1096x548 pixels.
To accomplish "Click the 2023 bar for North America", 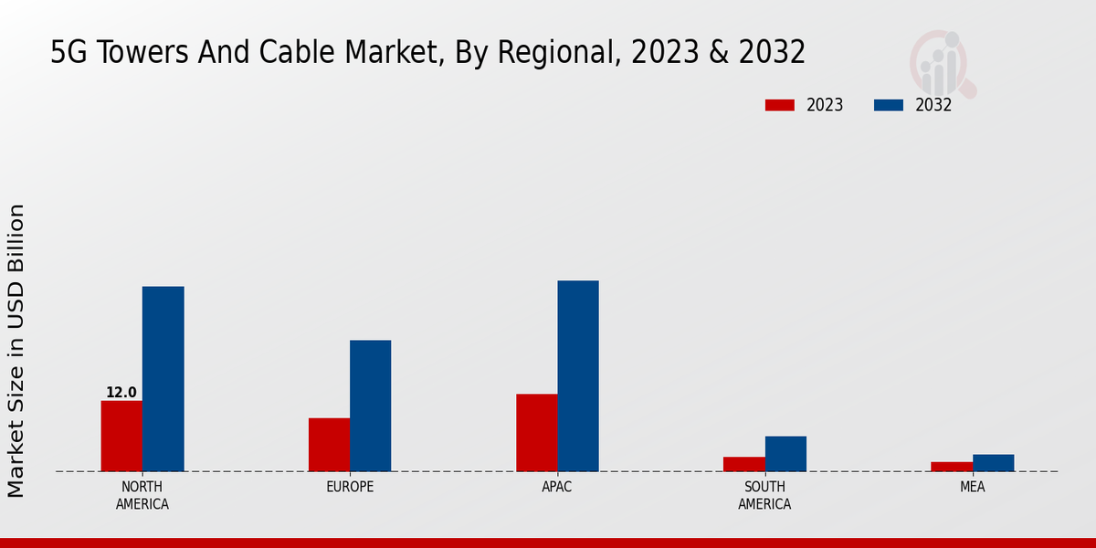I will coord(121,436).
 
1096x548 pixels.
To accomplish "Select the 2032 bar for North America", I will coord(163,379).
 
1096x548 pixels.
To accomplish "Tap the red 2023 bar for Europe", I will coord(329,445).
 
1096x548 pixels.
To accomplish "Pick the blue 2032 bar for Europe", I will coord(370,406).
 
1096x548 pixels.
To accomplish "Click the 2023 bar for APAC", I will coord(536,433).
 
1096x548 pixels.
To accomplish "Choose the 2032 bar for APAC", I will coord(578,375).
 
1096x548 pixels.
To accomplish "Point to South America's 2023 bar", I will coord(743,464).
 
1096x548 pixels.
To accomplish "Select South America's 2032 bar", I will coord(785,454).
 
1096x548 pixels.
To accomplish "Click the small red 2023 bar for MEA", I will coord(952,467).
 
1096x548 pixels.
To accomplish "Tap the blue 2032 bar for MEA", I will coord(993,463).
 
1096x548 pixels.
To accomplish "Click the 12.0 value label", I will coord(121,393).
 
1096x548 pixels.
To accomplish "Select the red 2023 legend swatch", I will coord(780,105).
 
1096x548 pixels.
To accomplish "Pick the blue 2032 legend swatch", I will coord(889,105).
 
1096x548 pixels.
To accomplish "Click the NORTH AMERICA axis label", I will coord(142,495).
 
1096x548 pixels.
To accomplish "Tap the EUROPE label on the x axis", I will coord(350,487).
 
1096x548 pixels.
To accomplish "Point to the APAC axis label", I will coord(557,487).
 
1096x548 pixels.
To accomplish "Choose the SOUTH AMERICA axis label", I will coord(764,495).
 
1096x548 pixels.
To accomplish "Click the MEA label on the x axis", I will coord(972,487).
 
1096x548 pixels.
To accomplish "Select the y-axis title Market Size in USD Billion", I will coord(16,351).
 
